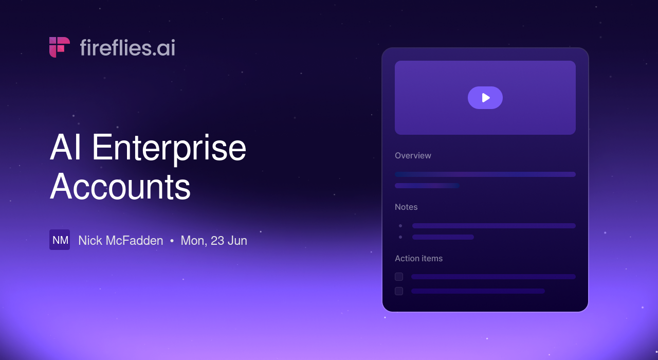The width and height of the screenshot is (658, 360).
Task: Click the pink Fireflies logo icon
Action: point(59,47)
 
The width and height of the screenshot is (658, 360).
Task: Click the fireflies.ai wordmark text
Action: point(127,48)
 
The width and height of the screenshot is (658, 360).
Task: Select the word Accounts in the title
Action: point(120,186)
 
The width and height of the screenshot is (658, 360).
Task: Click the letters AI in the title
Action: point(65,147)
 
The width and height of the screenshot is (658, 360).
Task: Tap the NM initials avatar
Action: point(60,240)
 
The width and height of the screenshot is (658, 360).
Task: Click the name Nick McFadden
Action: point(120,240)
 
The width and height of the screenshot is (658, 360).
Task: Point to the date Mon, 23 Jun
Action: point(214,241)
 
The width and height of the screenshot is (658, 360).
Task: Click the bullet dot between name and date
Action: point(172,241)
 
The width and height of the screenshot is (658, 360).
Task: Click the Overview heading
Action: point(413,155)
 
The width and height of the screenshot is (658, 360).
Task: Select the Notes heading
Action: point(406,207)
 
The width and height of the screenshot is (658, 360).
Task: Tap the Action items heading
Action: point(418,258)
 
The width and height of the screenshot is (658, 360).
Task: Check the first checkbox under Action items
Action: point(399,277)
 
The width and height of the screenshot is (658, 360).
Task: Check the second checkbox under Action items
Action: point(399,291)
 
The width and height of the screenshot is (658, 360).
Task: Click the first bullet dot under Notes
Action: point(400,226)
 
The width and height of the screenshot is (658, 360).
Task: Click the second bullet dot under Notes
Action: point(400,237)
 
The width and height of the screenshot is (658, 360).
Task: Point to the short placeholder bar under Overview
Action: point(427,186)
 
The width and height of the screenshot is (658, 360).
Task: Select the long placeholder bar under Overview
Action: point(485,174)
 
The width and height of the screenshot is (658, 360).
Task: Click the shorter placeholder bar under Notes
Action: point(443,237)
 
